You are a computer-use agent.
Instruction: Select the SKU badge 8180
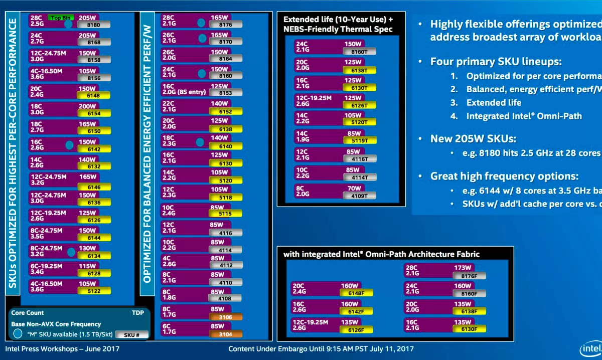tap(93, 24)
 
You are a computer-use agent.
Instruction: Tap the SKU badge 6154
tap(93, 114)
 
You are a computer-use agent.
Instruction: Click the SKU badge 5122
tap(93, 291)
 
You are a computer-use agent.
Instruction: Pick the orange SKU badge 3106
tap(226, 316)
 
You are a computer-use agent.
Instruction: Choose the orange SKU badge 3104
tap(226, 334)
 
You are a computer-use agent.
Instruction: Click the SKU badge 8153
tap(226, 93)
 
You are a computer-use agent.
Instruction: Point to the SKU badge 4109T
tap(360, 195)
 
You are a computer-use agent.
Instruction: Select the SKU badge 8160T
tap(360, 51)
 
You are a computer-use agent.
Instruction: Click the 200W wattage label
tap(87, 107)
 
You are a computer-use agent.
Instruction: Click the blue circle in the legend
tap(18, 333)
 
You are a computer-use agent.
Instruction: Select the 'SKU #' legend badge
tap(131, 334)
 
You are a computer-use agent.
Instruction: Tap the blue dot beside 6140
tap(200, 142)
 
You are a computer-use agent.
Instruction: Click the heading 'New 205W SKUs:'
tap(473, 139)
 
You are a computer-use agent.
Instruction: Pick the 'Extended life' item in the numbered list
tap(494, 102)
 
